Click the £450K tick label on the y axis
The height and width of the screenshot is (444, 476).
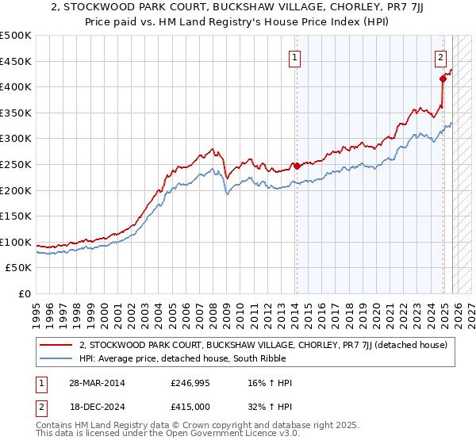pyautogui.click(x=16, y=61)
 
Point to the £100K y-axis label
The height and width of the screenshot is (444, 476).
pyautogui.click(x=16, y=242)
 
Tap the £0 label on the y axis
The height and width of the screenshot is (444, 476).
pyautogui.click(x=24, y=294)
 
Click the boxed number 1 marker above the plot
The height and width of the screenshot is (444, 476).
pyautogui.click(x=295, y=57)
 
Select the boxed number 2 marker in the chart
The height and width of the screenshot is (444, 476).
pyautogui.click(x=440, y=57)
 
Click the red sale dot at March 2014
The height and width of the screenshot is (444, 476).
pyautogui.click(x=296, y=166)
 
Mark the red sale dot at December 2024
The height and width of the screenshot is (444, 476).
pyautogui.click(x=443, y=78)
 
